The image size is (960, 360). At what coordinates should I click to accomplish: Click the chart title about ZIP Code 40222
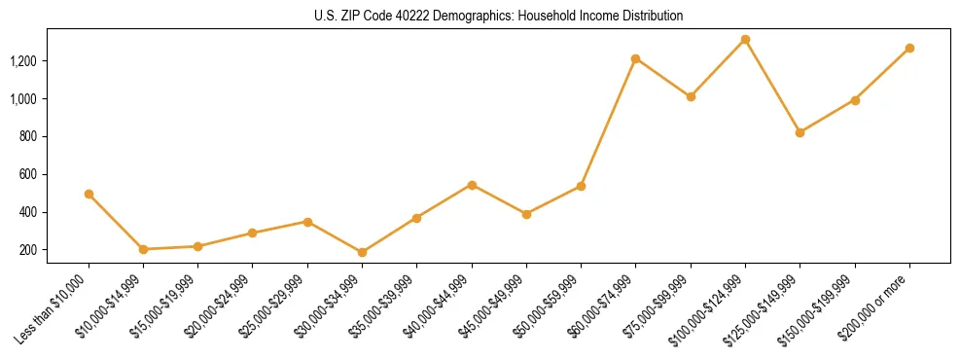[x=499, y=17]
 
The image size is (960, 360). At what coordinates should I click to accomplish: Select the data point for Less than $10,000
[x=89, y=194]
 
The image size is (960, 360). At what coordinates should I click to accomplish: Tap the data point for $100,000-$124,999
[x=745, y=40]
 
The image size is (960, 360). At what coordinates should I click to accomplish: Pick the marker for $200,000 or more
[x=909, y=48]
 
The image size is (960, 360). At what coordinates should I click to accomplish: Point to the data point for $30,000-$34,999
[x=362, y=253]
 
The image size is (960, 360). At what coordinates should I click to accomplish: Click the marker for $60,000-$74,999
[x=635, y=58]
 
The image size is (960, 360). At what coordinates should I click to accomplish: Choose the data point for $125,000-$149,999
[x=800, y=132]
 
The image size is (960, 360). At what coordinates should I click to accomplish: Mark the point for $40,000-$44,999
[x=472, y=185]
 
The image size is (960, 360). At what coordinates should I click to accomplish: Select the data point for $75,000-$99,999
[x=691, y=96]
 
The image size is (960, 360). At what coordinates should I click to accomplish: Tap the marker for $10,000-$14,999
[x=143, y=249]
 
